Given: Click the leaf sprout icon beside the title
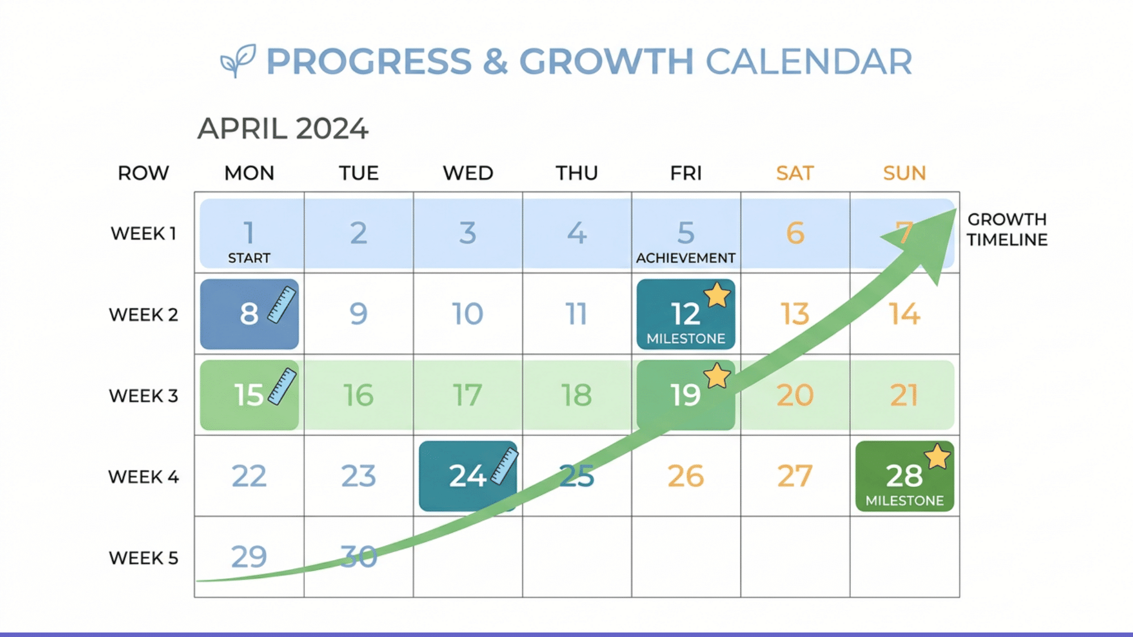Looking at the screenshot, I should click(x=238, y=60).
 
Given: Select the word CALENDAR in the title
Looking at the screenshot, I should click(x=808, y=61).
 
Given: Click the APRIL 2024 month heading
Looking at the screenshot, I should click(x=283, y=129).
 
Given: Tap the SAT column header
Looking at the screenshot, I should click(x=795, y=173).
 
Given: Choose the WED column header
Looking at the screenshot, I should click(x=468, y=173).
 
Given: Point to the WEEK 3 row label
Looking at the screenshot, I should click(x=143, y=395).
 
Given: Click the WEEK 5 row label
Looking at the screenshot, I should click(x=143, y=558).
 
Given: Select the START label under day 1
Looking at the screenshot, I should click(x=249, y=258).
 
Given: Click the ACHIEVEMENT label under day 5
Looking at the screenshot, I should click(x=685, y=258).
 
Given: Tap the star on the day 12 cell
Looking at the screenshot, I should click(x=717, y=294).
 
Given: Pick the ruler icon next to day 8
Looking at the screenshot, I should click(x=282, y=305).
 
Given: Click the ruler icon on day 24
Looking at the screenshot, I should click(x=504, y=467).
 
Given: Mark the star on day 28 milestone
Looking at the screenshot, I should click(x=937, y=456).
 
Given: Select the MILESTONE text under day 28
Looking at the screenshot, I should click(x=904, y=501).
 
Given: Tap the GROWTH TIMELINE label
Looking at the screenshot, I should click(x=1007, y=229).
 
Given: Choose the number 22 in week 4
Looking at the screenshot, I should click(x=249, y=476).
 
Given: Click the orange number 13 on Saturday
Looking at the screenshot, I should click(x=795, y=314).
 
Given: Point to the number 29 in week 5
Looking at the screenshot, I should click(x=249, y=557).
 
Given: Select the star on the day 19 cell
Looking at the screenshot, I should click(x=717, y=375).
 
